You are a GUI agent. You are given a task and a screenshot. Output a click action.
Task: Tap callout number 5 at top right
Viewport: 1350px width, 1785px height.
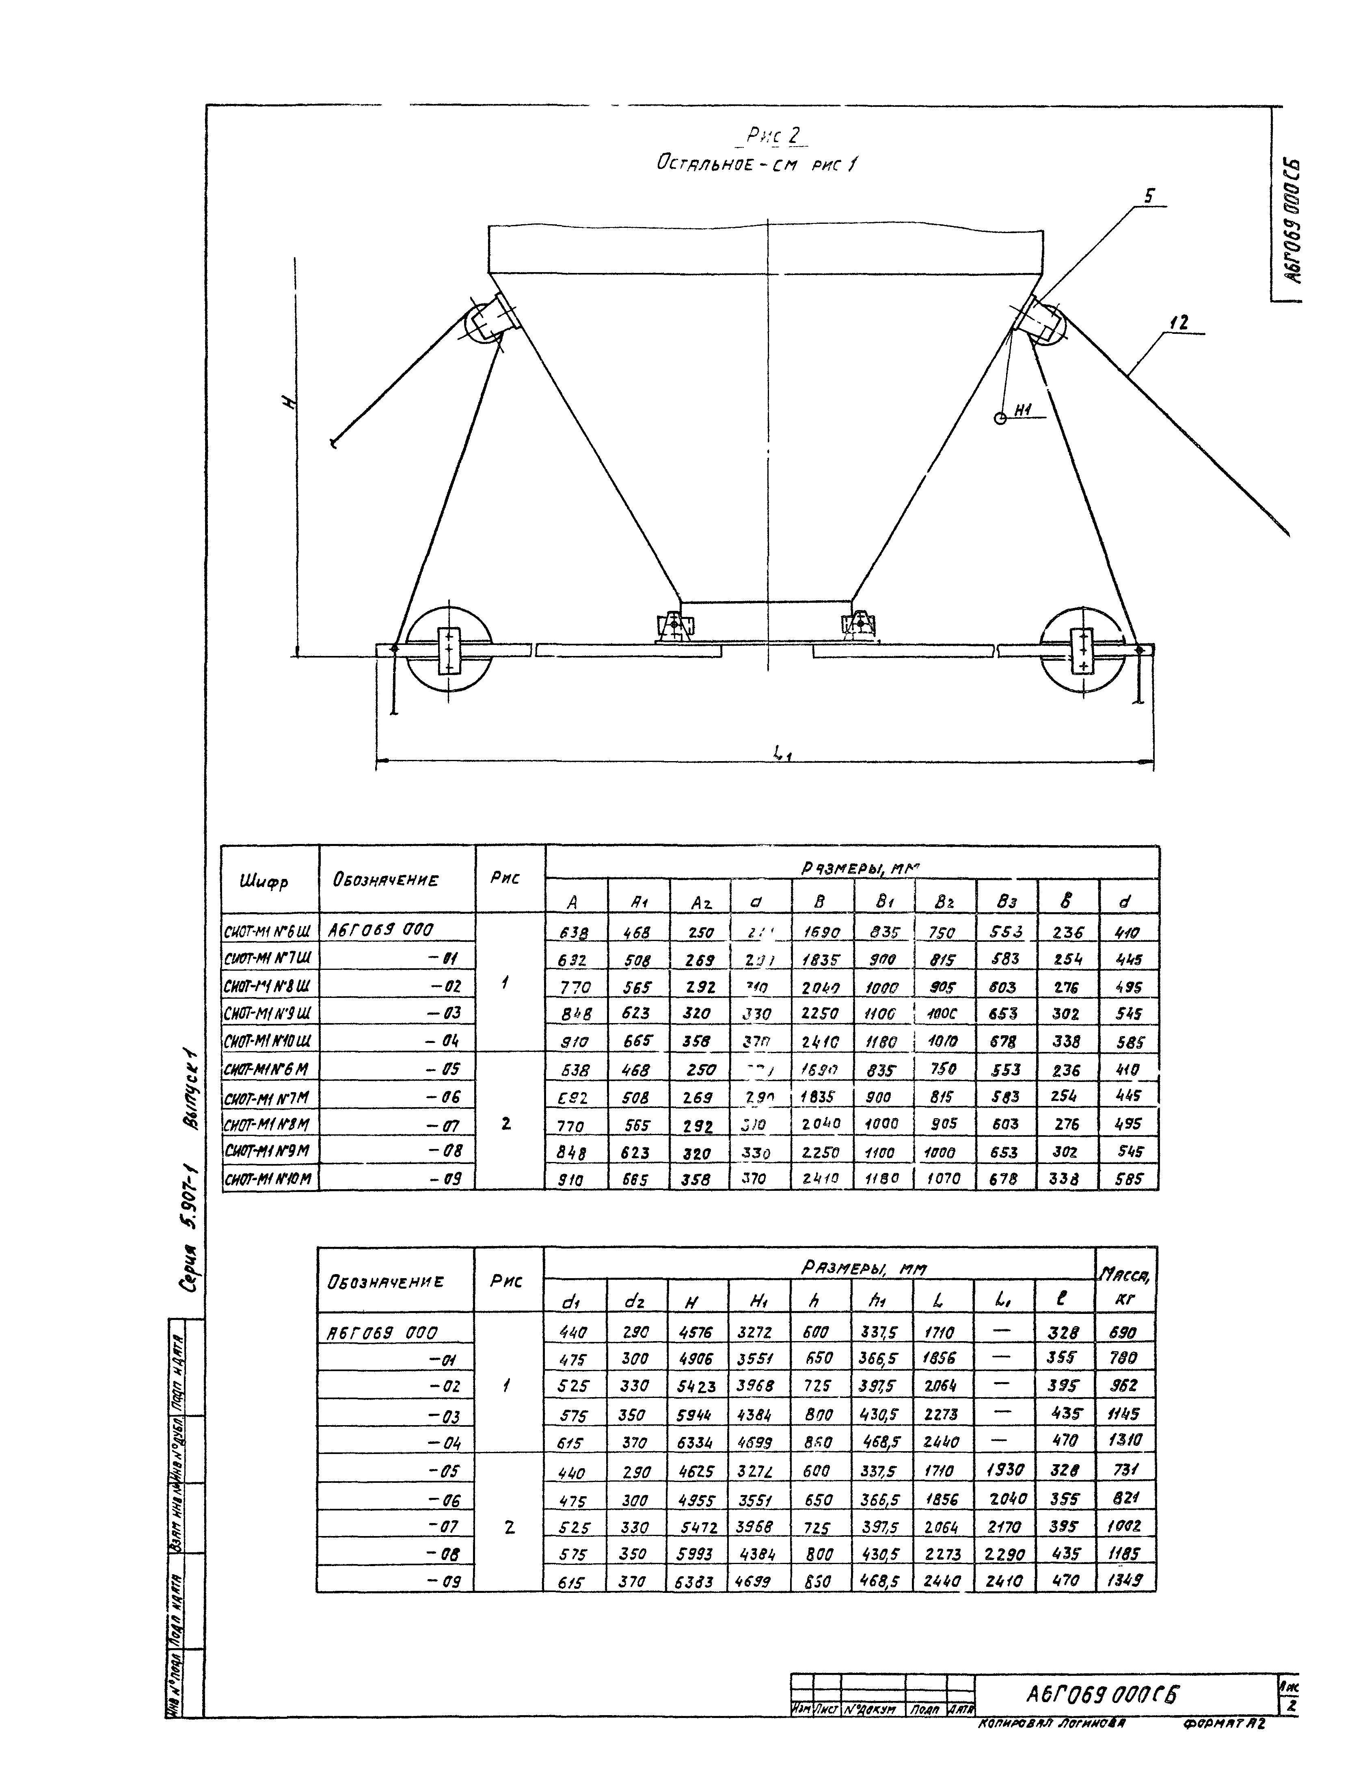[1148, 196]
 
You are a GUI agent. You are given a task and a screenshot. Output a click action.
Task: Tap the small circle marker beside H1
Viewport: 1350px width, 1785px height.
[1000, 418]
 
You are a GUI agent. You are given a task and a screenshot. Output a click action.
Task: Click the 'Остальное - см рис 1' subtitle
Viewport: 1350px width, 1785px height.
[756, 164]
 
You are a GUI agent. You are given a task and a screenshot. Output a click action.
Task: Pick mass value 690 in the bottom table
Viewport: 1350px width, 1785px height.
[1124, 1333]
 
